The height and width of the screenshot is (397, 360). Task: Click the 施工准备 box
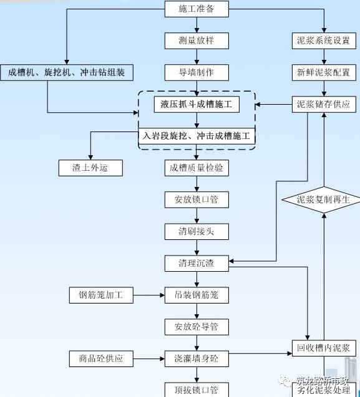click(197, 9)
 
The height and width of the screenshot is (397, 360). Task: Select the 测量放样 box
click(197, 41)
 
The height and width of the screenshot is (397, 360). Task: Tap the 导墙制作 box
click(197, 72)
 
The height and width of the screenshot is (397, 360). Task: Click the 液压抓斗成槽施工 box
click(197, 104)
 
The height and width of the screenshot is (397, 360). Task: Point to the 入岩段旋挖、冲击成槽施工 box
click(197, 136)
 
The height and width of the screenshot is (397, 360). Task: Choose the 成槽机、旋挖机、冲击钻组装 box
click(67, 72)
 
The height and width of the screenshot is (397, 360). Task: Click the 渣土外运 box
click(90, 168)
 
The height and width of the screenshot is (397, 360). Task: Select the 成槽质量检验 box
click(197, 168)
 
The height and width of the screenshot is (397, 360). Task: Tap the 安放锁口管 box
click(197, 200)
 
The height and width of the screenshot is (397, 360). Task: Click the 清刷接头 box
click(197, 231)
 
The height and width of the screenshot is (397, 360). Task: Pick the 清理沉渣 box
click(197, 263)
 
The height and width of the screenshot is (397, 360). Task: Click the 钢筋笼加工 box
click(101, 295)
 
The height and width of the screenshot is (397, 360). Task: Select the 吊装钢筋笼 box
click(197, 295)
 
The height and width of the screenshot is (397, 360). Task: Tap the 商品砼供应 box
click(101, 358)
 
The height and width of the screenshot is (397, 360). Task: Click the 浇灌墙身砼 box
click(197, 358)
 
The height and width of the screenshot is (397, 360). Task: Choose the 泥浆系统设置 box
click(324, 41)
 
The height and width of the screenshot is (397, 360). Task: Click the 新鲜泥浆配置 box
click(324, 72)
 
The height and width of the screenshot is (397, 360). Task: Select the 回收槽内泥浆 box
click(324, 348)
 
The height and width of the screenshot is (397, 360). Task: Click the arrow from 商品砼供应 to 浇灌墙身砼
click(148, 358)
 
